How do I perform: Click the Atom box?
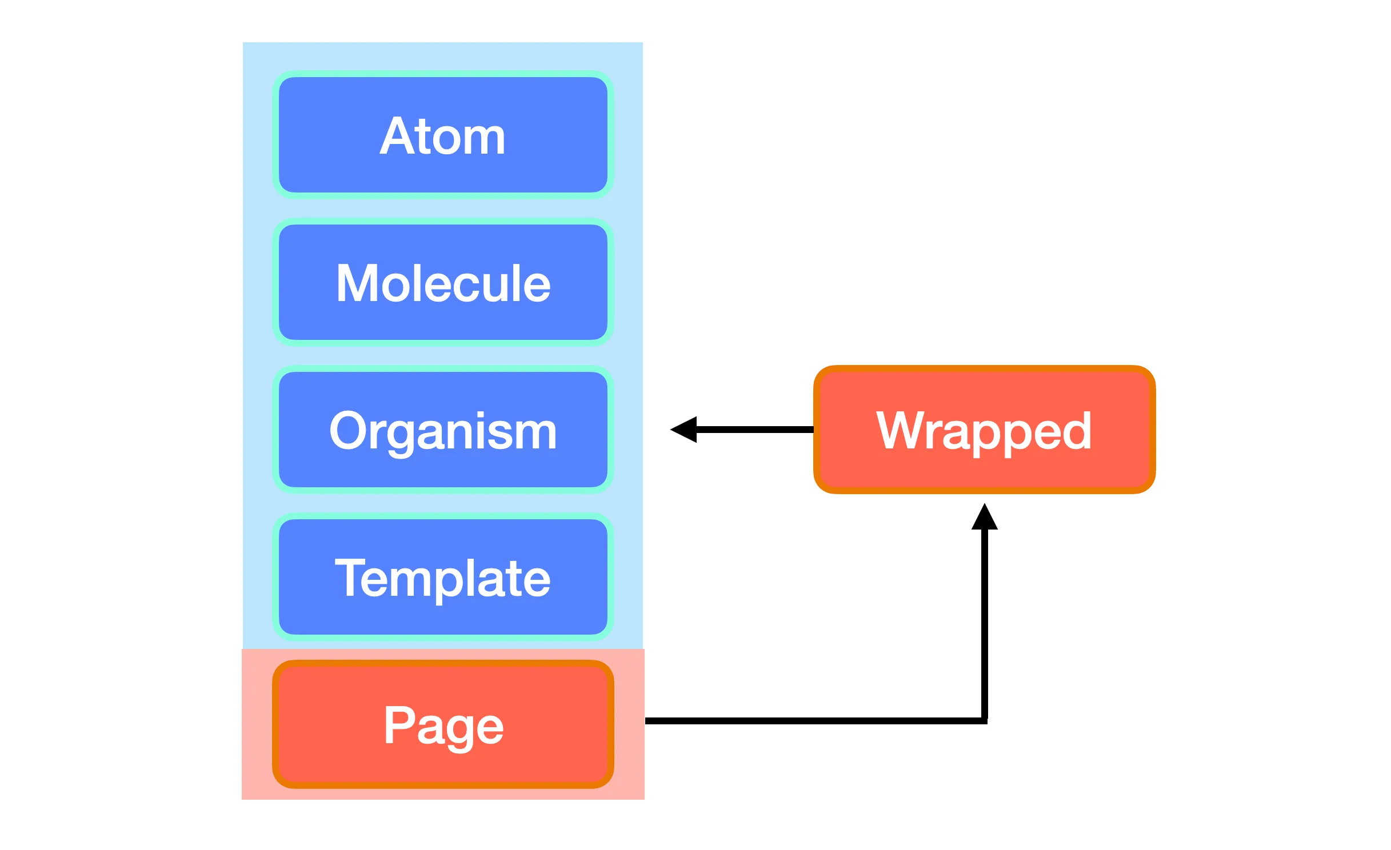[443, 135]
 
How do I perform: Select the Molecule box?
[443, 282]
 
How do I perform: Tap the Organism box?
[443, 430]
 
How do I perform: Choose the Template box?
[443, 577]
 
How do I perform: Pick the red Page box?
[443, 724]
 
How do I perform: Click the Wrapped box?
[984, 430]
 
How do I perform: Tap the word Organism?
[443, 433]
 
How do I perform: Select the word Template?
[443, 580]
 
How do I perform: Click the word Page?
[443, 728]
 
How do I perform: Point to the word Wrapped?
[984, 433]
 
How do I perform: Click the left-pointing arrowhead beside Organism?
[683, 430]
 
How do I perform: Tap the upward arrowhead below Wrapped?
[985, 516]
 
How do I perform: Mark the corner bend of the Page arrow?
[985, 721]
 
